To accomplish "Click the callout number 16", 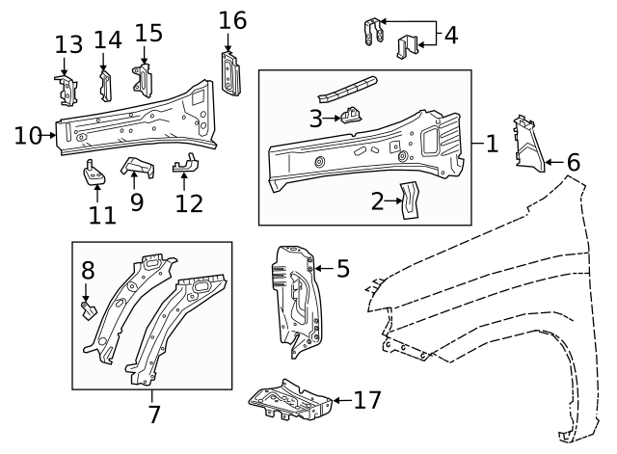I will (232, 20).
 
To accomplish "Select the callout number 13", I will (68, 44).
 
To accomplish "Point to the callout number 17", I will (368, 399).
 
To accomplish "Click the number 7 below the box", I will (152, 416).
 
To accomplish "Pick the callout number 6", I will (573, 162).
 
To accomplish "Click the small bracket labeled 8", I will (87, 308).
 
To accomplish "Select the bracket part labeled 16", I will (230, 73).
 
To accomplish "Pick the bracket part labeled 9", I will (137, 168).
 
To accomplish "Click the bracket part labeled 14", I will (105, 85).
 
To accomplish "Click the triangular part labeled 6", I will (525, 145).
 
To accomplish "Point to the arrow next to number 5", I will (322, 268).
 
